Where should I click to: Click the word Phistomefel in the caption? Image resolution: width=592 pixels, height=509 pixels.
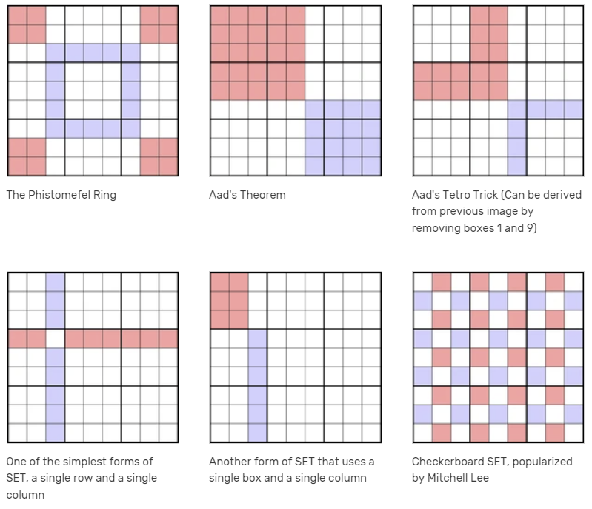point(56,196)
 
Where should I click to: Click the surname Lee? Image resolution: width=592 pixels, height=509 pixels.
point(479,478)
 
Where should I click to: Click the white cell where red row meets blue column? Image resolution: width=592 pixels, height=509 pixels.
point(55,339)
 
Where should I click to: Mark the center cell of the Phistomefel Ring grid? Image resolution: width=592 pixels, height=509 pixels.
point(93,90)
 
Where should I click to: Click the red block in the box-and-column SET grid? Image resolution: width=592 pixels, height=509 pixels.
point(228,300)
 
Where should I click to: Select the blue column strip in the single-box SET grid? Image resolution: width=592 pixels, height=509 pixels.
point(256,385)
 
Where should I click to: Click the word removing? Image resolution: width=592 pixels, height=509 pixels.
point(438,227)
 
